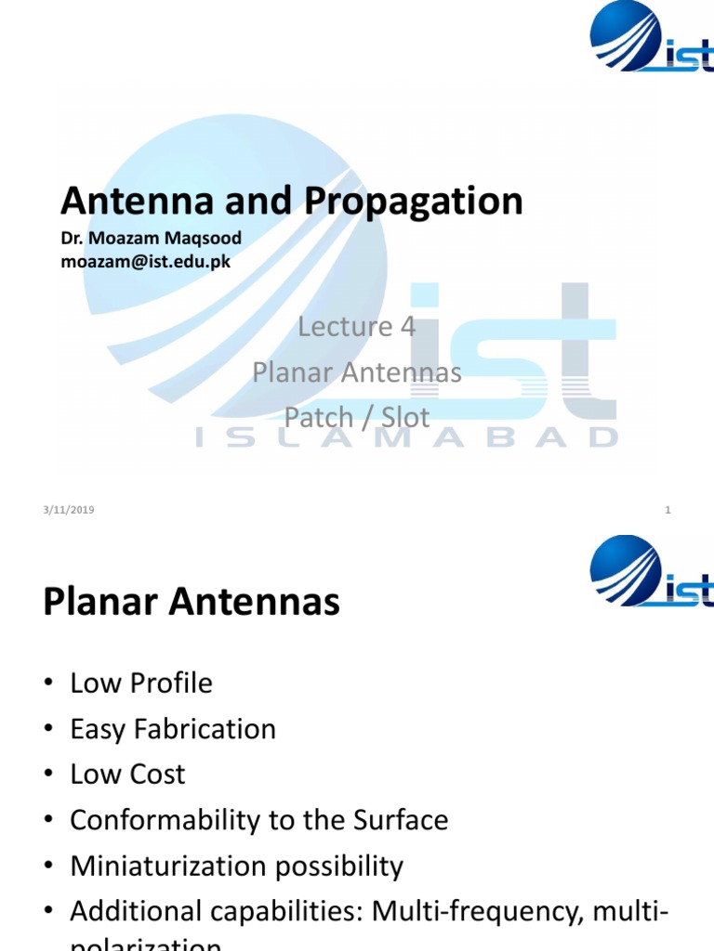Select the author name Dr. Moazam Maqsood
[x=151, y=240]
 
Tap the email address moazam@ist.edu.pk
[x=145, y=262]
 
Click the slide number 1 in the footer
[x=668, y=510]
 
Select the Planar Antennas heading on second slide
[x=192, y=604]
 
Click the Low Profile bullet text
[x=141, y=684]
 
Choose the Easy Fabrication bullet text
[x=173, y=729]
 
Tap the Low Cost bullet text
[x=127, y=775]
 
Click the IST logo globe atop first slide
[x=625, y=34]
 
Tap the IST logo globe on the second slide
[x=625, y=568]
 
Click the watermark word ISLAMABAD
[x=407, y=437]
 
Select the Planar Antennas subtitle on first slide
[x=356, y=372]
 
